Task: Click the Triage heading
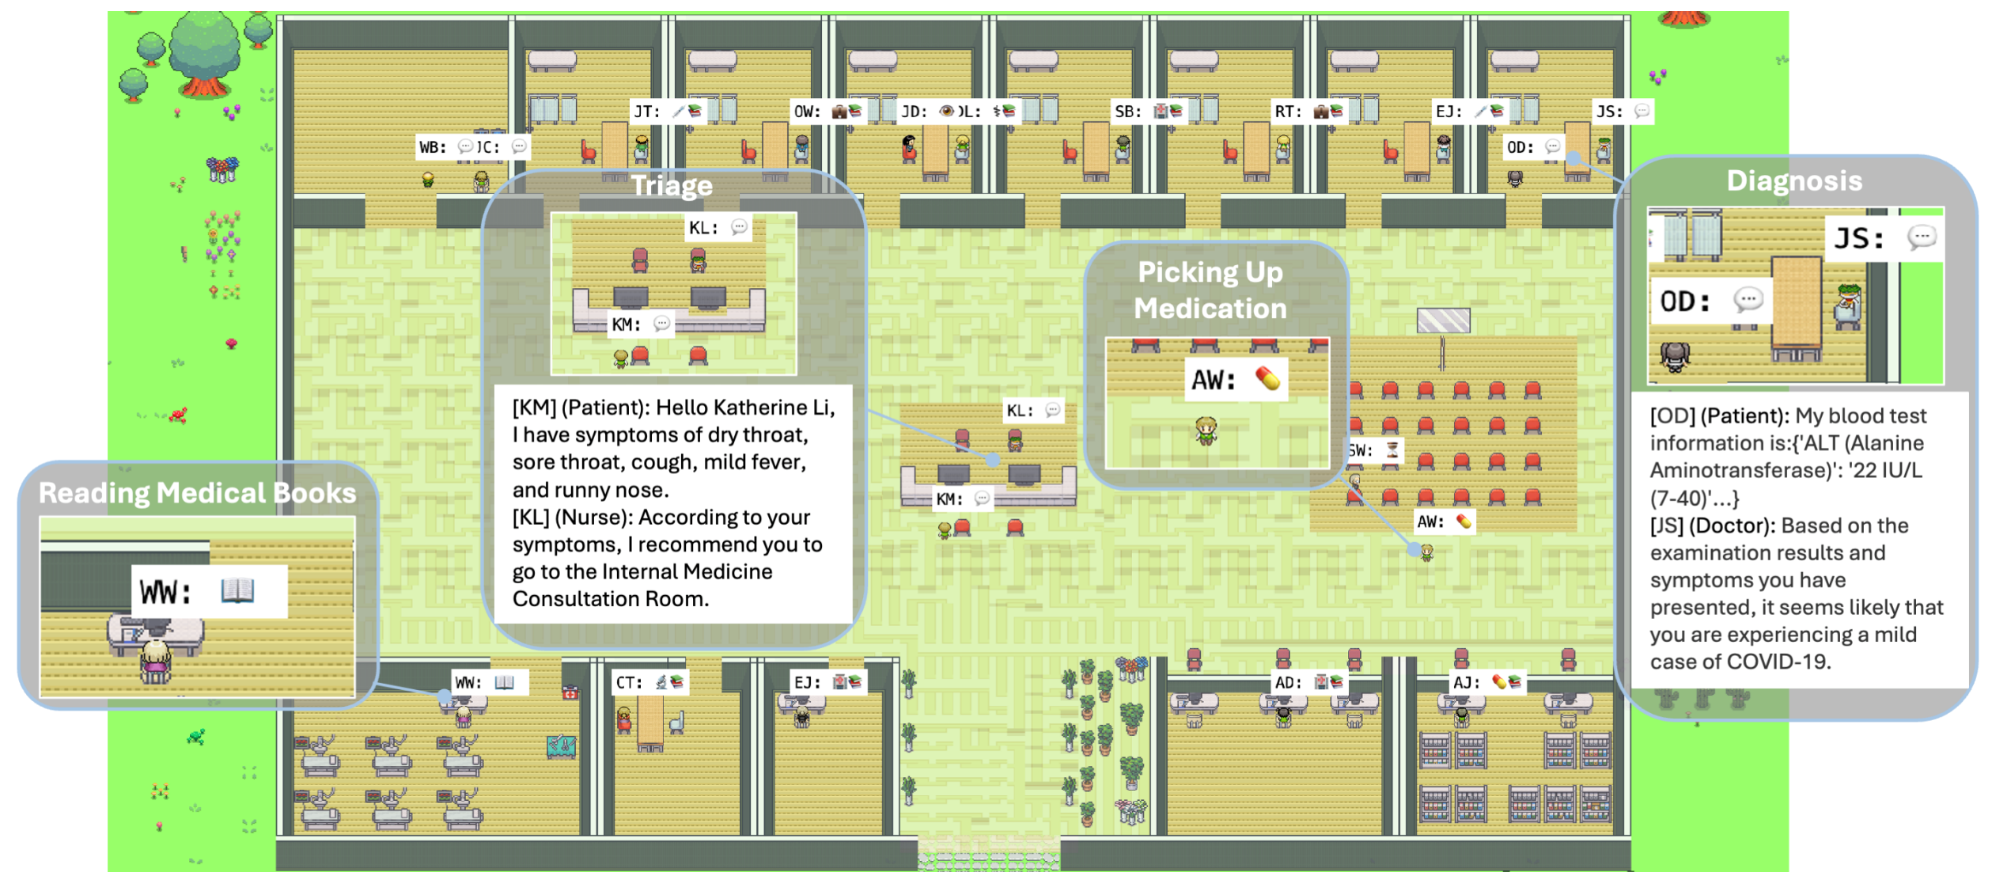coord(672,186)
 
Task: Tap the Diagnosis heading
coord(1793,181)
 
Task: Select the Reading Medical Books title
coord(198,493)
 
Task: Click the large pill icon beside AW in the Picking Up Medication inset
coord(1267,379)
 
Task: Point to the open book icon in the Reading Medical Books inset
coord(237,590)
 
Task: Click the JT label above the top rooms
coord(646,112)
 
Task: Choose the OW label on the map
coord(807,112)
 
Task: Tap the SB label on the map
coord(1127,112)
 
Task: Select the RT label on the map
coord(1287,112)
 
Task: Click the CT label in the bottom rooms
coord(628,682)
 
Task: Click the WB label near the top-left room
coord(433,147)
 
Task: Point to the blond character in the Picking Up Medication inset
coord(1206,430)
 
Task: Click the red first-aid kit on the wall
coord(570,693)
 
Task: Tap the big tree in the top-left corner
coord(204,51)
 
